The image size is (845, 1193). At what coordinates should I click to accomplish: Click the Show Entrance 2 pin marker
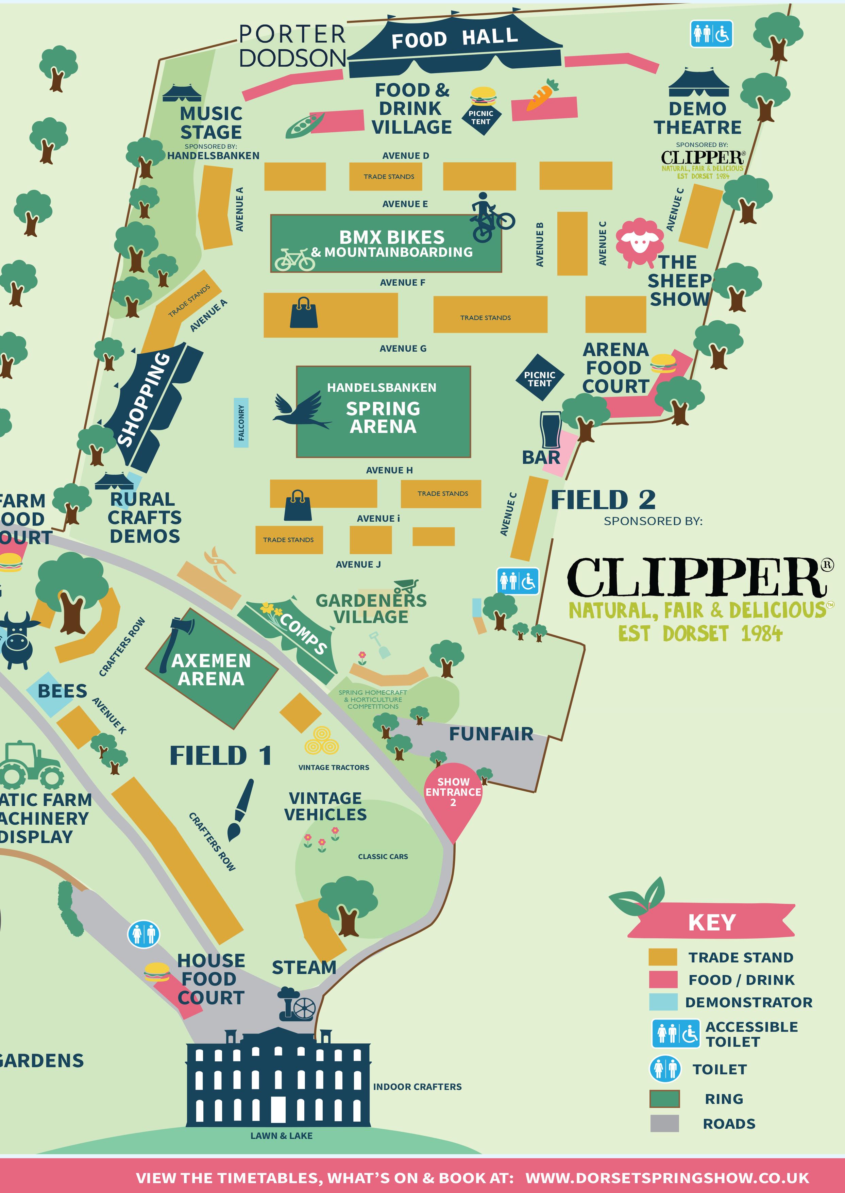point(453,796)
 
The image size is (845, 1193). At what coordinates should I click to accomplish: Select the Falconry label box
point(241,422)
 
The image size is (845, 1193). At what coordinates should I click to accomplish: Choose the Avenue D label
point(405,155)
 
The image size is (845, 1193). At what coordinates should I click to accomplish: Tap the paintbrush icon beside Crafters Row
point(240,809)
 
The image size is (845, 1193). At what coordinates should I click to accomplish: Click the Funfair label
point(491,734)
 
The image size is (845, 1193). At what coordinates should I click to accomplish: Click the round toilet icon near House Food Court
point(143,935)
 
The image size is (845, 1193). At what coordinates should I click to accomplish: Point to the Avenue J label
point(358,565)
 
